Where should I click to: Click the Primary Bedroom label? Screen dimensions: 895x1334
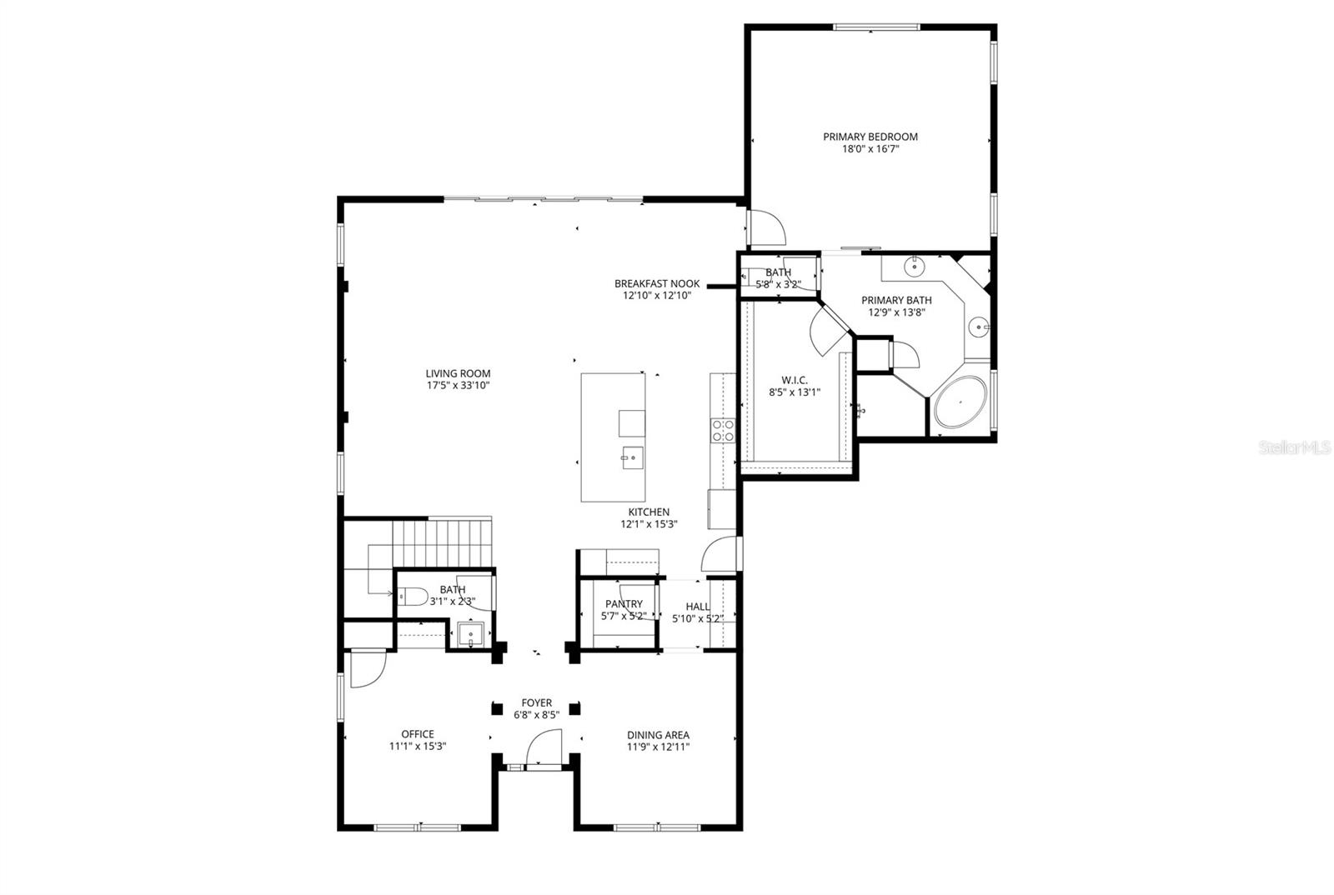pyautogui.click(x=870, y=137)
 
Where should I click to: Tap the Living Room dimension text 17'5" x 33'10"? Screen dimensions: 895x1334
pyautogui.click(x=458, y=386)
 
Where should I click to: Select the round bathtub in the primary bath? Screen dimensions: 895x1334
pyautogui.click(x=960, y=402)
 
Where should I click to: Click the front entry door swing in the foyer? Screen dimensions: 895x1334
pyautogui.click(x=546, y=746)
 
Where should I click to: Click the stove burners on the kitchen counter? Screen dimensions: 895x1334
pyautogui.click(x=722, y=430)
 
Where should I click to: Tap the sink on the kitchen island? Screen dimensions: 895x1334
pyautogui.click(x=631, y=456)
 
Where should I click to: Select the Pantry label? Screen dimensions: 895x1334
pyautogui.click(x=624, y=604)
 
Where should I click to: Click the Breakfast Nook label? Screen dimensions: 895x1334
pyautogui.click(x=657, y=283)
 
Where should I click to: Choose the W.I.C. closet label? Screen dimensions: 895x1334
pyautogui.click(x=795, y=380)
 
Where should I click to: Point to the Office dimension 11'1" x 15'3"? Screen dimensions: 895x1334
pyautogui.click(x=418, y=747)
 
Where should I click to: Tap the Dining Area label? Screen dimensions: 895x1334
pyautogui.click(x=658, y=735)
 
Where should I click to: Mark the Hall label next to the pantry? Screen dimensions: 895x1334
pyautogui.click(x=698, y=607)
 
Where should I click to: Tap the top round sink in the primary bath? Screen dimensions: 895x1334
pyautogui.click(x=915, y=268)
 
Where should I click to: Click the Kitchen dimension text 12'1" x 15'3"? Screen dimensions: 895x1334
pyautogui.click(x=649, y=524)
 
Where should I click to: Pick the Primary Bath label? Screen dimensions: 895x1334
pyautogui.click(x=896, y=300)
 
